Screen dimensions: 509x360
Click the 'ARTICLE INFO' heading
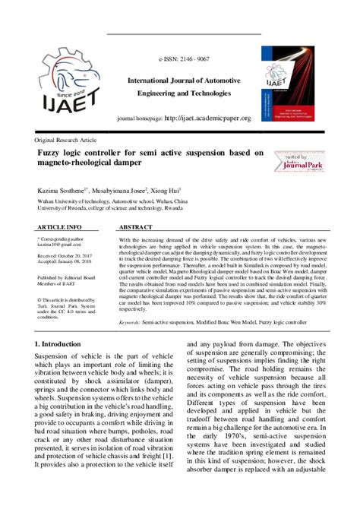60,227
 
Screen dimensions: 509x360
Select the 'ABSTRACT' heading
137,227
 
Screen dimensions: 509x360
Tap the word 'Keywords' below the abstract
129,323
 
